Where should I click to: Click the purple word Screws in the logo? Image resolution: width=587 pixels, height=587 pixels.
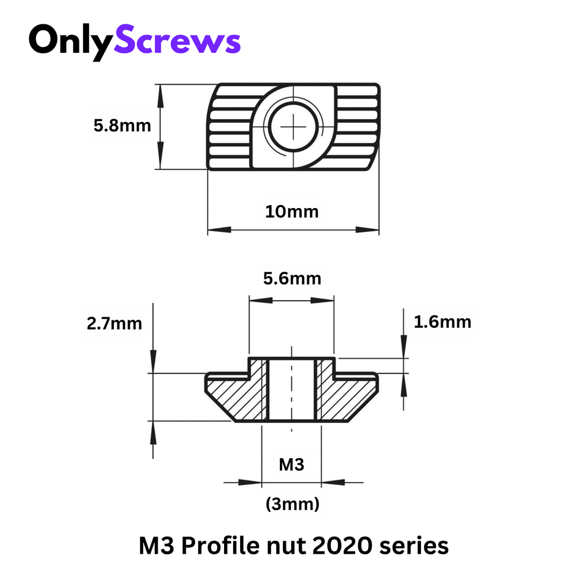pos(177,42)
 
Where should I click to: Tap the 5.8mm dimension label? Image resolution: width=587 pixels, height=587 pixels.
pos(122,126)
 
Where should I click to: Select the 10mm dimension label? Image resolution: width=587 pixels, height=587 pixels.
pos(292,212)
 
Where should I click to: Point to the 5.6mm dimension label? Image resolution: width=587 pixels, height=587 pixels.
pos(292,278)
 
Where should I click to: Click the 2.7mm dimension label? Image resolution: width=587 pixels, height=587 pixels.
pos(114,324)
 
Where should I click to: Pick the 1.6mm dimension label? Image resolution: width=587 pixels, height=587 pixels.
pos(442,322)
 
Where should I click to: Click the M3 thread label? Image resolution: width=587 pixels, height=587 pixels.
pos(291,465)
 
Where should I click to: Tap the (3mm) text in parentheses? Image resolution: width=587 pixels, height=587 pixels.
pos(292,505)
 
